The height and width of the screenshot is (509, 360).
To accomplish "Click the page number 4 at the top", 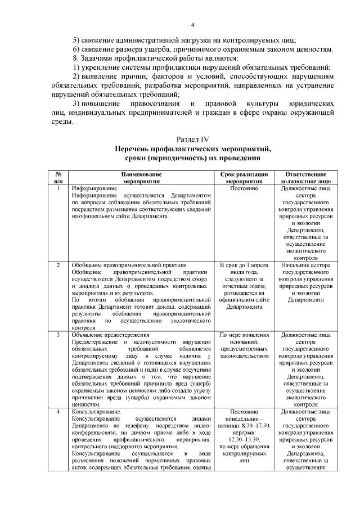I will point(192,25).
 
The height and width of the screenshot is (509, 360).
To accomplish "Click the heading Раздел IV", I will point(193,139).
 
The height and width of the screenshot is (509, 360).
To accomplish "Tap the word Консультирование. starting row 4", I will point(94,412).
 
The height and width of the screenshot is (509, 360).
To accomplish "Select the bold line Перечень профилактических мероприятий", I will point(193,149).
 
